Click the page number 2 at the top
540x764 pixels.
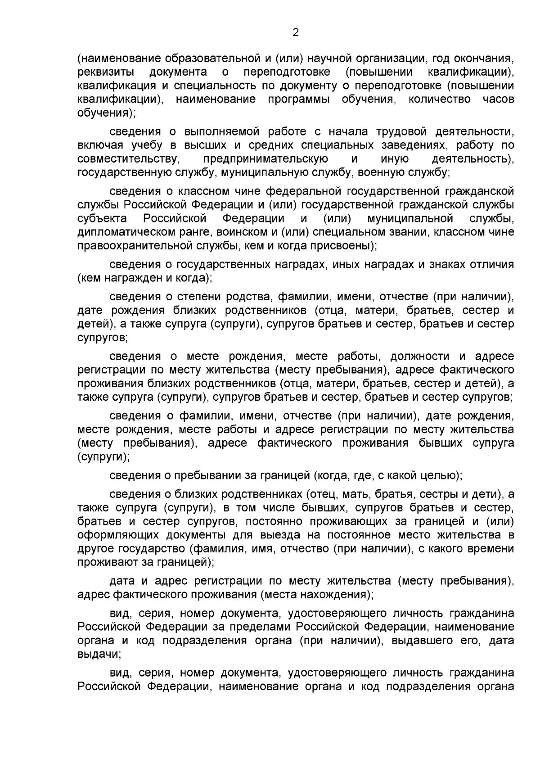click(296, 32)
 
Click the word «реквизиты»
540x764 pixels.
click(105, 72)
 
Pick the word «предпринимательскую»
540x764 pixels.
click(265, 159)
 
